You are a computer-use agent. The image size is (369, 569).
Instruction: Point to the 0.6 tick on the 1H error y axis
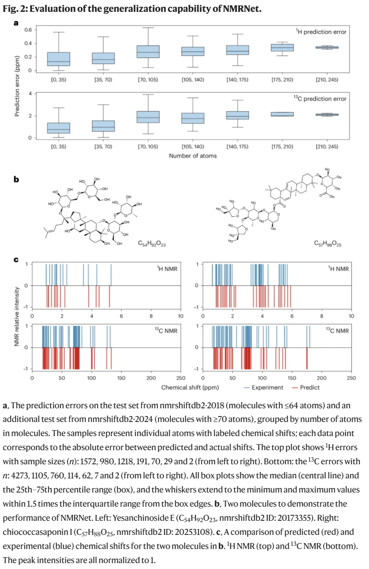27,30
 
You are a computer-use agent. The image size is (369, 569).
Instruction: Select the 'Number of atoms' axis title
193,156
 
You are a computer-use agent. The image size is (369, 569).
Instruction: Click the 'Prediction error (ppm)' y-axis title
17,83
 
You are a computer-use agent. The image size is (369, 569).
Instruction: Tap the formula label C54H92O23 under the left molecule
151,244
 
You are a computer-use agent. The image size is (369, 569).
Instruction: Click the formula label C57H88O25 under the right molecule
328,244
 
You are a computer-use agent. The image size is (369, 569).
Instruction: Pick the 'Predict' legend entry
309,387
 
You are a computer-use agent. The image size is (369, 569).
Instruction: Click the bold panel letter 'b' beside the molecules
16,179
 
